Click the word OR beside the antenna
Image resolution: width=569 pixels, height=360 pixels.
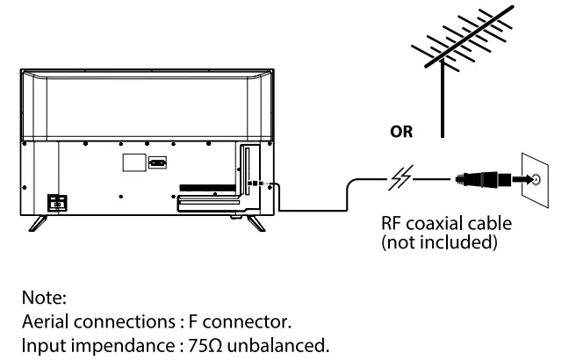tap(404, 134)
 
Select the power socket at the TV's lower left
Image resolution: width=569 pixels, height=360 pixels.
tap(57, 201)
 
